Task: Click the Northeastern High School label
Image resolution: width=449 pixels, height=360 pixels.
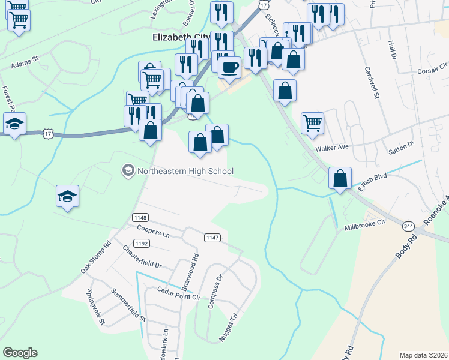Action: click(178, 171)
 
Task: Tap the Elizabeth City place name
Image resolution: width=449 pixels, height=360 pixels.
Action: click(181, 37)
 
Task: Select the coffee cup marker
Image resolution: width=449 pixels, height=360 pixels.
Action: click(230, 67)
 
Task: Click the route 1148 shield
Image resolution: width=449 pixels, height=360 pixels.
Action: click(140, 217)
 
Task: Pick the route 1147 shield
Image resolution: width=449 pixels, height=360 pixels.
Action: click(212, 238)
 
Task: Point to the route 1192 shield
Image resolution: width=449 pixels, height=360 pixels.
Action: click(142, 243)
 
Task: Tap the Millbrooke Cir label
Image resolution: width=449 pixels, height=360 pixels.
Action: click(364, 225)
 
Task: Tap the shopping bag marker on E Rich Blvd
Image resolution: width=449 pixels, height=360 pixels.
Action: click(340, 178)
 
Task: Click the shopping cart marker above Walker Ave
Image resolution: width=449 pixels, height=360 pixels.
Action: click(312, 124)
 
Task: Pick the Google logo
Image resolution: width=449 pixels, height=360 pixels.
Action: click(20, 353)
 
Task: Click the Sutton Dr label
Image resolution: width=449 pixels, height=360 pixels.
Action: click(402, 145)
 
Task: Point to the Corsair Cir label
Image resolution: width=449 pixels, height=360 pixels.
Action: click(433, 70)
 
